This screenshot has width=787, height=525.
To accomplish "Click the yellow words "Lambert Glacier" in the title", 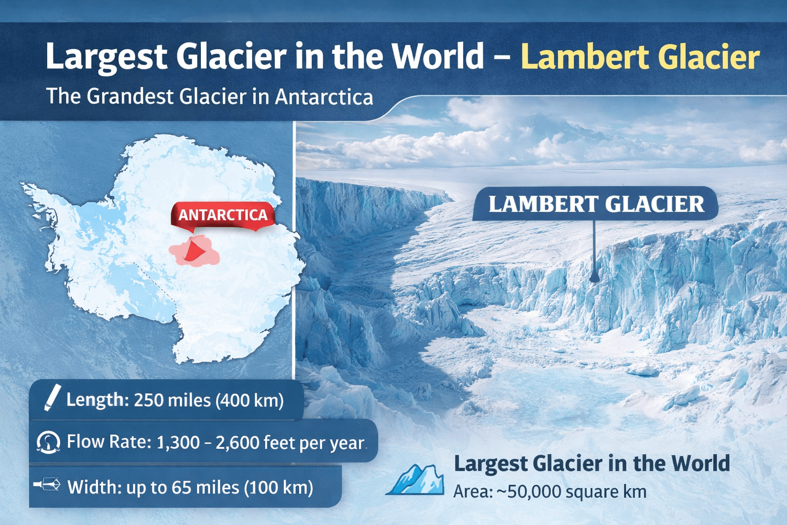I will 640,57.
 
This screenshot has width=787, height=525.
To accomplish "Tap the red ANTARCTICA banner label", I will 223,215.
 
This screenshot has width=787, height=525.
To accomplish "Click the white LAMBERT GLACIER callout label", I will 596,204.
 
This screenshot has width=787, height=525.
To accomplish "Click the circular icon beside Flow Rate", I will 48,442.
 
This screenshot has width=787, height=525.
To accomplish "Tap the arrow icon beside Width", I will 47,484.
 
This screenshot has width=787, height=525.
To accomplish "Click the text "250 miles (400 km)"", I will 209,400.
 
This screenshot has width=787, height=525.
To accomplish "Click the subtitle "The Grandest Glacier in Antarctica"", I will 210,96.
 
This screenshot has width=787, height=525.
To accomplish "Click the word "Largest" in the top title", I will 106,57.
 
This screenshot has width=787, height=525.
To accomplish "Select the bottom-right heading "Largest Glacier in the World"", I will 592,463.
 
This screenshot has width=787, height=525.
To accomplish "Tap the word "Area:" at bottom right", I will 472,492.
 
